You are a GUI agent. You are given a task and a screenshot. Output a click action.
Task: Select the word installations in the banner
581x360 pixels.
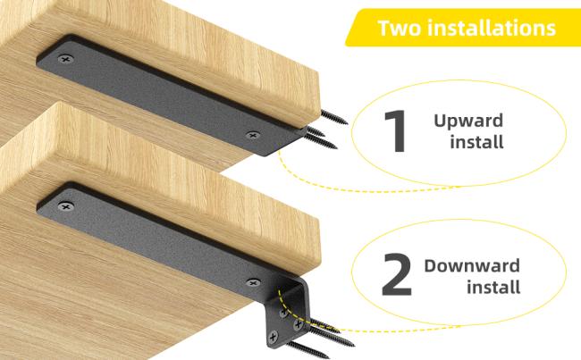click(x=492, y=28)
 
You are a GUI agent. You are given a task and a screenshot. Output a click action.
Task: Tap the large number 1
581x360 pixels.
click(x=396, y=131)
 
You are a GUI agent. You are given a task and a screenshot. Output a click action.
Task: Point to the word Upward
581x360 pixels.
click(x=468, y=121)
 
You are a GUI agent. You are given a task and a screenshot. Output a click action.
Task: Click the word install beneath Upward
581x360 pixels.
click(x=477, y=142)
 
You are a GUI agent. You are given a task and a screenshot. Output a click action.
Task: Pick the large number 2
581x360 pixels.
click(x=396, y=274)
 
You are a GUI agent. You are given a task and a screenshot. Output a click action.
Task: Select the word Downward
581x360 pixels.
click(x=472, y=265)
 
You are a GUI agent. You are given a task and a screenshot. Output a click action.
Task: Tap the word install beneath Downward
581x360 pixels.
click(x=493, y=287)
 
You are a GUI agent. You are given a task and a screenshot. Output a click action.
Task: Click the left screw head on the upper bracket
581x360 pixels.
click(x=65, y=58)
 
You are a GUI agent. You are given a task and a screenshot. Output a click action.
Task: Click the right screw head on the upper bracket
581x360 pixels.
click(x=253, y=135)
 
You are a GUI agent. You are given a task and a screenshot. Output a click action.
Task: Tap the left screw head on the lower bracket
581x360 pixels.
click(x=65, y=206)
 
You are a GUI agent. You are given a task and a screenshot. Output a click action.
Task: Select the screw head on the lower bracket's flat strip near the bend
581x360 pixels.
click(x=253, y=283)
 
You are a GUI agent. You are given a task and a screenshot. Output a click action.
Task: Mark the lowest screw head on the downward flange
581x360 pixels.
click(x=274, y=337)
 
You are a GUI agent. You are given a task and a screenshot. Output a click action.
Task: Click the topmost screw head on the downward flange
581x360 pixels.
click(x=283, y=313)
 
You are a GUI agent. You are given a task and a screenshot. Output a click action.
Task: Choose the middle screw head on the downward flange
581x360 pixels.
click(x=298, y=325)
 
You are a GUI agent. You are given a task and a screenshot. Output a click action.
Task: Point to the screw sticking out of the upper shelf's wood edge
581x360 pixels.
click(x=334, y=117)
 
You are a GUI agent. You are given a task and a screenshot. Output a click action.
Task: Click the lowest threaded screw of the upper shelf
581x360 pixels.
click(x=321, y=142)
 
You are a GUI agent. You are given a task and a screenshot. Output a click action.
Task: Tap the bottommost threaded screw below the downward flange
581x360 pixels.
click(x=308, y=350)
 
